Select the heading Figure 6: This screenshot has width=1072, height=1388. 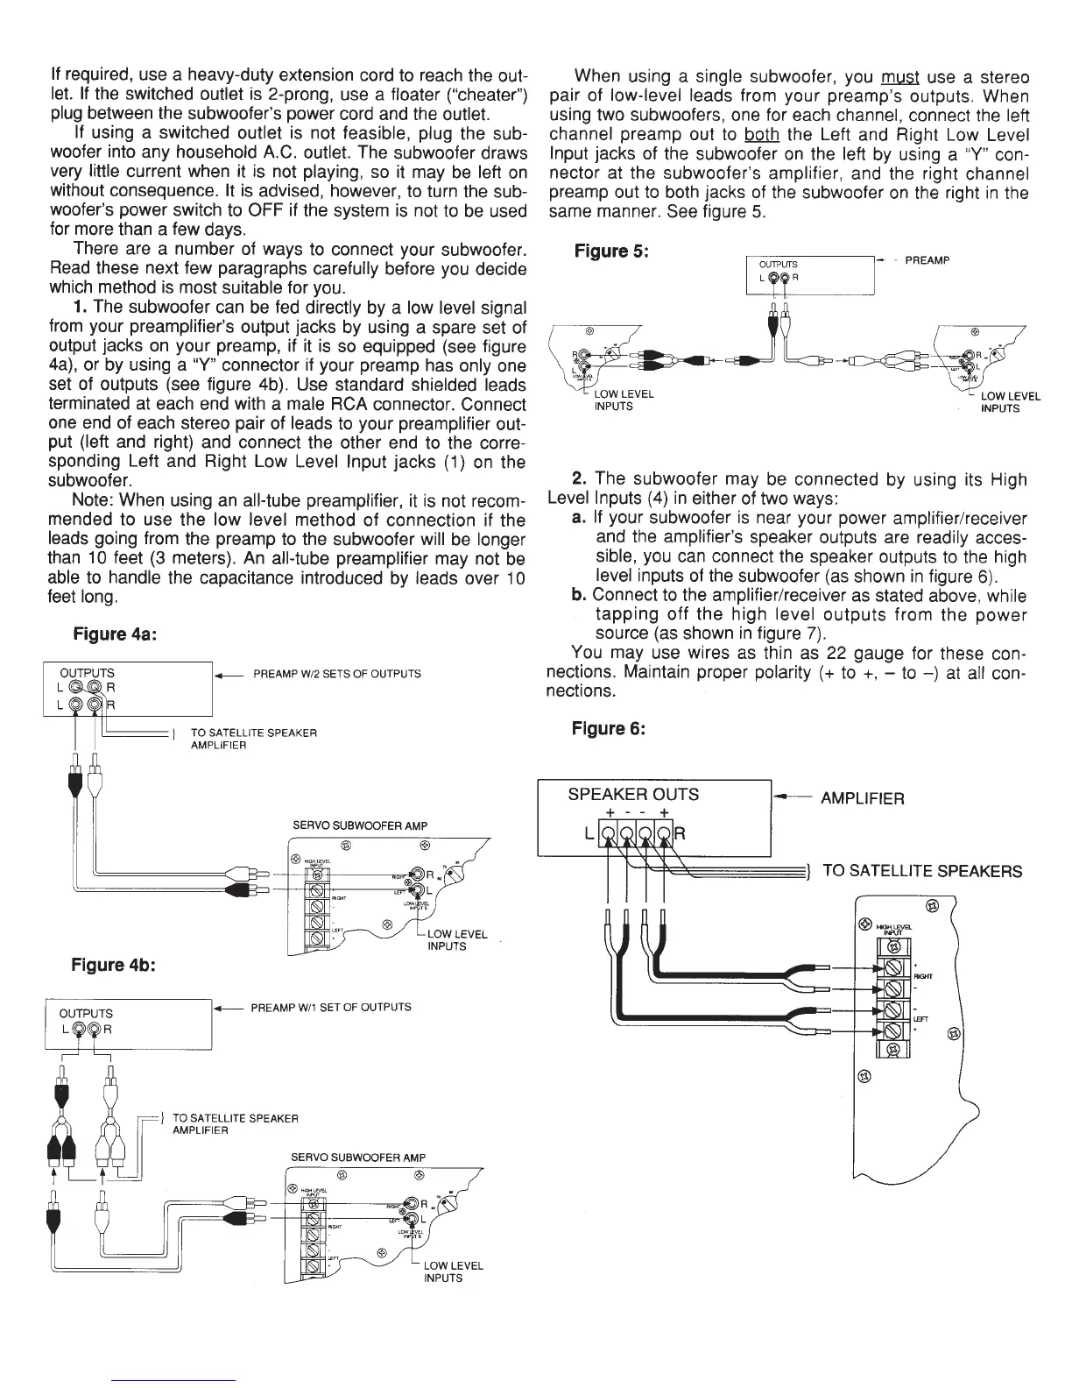click(609, 728)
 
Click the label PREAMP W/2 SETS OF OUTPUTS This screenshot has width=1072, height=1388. click(336, 674)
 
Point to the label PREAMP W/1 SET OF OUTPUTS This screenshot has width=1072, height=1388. click(331, 1007)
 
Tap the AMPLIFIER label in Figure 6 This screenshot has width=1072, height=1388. click(863, 798)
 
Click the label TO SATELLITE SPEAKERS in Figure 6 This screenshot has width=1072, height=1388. click(922, 871)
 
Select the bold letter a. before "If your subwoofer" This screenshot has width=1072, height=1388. click(579, 519)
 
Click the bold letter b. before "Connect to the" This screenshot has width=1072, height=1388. click(579, 596)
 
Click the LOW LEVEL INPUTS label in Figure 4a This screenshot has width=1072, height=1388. click(457, 940)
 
